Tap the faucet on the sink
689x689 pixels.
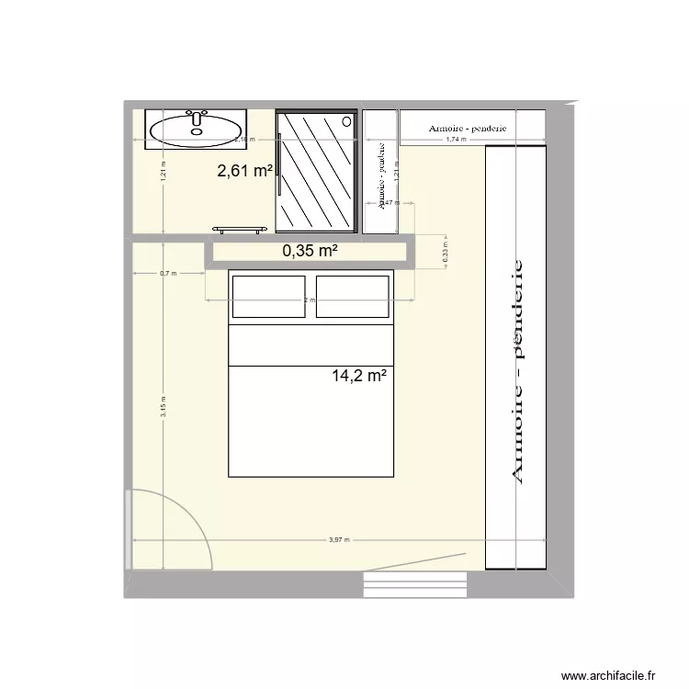(196, 117)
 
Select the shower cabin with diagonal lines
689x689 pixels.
(316, 172)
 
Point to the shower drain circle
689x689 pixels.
(346, 120)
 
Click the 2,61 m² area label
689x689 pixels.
(244, 170)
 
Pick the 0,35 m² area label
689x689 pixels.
(311, 250)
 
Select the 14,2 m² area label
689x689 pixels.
(358, 375)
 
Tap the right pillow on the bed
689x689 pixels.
(352, 296)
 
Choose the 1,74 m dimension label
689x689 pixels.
(456, 140)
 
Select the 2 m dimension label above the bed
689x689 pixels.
(311, 300)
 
